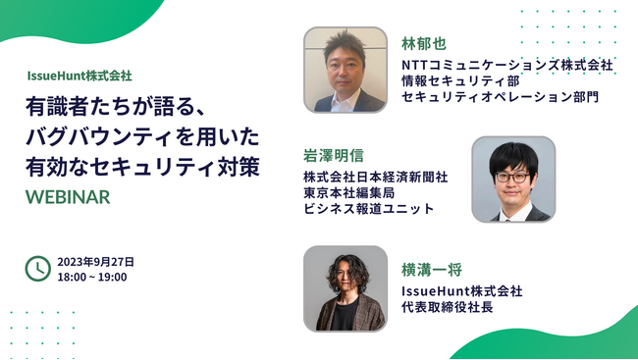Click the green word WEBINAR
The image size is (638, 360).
pyautogui.click(x=68, y=196)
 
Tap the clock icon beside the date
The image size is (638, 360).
pyautogui.click(x=37, y=268)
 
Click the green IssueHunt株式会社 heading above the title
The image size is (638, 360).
pyautogui.click(x=80, y=75)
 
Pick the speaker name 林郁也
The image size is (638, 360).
pyautogui.click(x=423, y=44)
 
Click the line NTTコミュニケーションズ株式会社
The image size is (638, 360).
pyautogui.click(x=506, y=66)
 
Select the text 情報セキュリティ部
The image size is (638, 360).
pyautogui.click(x=459, y=81)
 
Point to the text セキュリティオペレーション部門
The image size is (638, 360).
pyautogui.click(x=501, y=97)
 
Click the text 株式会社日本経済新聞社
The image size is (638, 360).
pyautogui.click(x=376, y=177)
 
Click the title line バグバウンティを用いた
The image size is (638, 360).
pyautogui.click(x=143, y=135)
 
